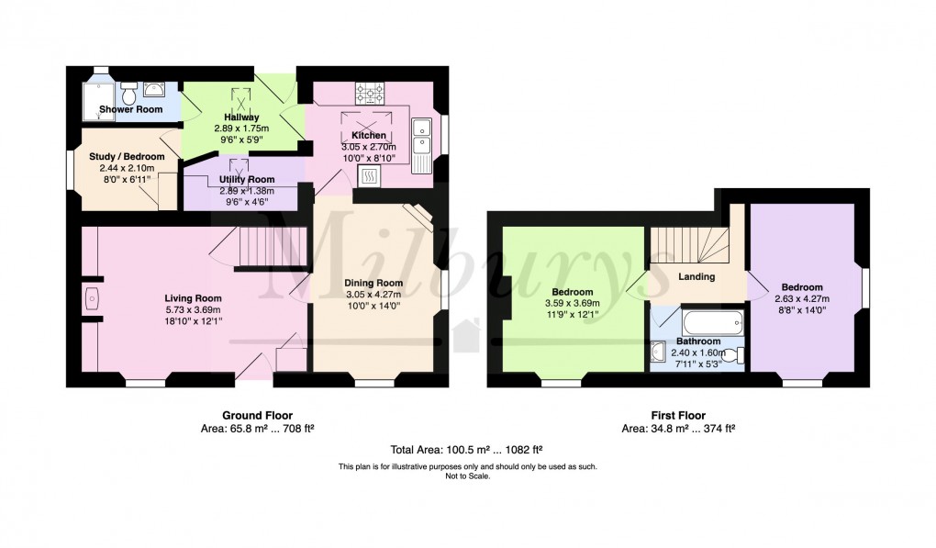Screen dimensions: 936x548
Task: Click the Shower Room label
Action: click(x=130, y=109)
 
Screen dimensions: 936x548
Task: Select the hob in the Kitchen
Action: click(x=370, y=93)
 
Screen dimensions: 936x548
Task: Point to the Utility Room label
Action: click(x=247, y=179)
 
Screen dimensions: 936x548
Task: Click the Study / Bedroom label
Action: click(x=127, y=156)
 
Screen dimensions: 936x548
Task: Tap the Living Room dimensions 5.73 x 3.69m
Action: click(x=193, y=310)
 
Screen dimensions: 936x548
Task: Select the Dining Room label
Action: click(x=373, y=283)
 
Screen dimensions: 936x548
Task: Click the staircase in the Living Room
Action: click(x=273, y=246)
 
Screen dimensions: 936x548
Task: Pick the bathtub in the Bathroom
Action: click(x=713, y=322)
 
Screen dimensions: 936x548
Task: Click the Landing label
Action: click(x=696, y=276)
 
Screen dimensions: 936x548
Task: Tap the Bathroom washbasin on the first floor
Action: click(x=658, y=352)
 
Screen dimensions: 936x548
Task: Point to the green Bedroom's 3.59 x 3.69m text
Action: click(x=573, y=303)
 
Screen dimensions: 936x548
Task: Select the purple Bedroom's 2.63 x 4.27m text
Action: click(x=802, y=299)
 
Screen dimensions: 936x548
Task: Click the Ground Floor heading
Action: click(x=257, y=416)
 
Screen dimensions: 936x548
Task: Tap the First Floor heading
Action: click(x=678, y=416)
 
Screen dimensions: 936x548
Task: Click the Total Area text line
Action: click(x=466, y=450)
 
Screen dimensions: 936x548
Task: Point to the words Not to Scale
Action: click(x=467, y=476)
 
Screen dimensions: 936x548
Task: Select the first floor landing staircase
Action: click(x=690, y=245)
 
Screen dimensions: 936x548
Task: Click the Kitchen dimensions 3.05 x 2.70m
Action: click(x=368, y=147)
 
